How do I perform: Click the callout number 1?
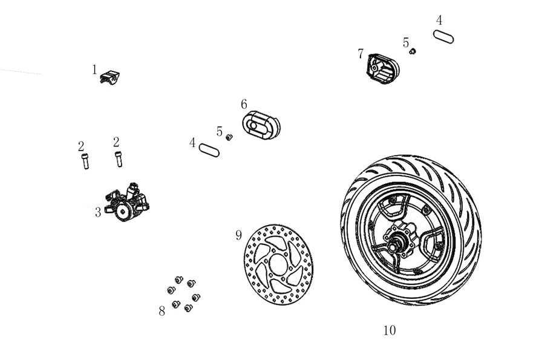(94, 70)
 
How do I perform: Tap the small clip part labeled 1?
(109, 77)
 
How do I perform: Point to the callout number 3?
(98, 212)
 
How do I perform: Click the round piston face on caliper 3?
(123, 211)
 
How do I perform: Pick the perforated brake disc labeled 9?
(278, 264)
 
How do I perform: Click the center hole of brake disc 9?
(278, 264)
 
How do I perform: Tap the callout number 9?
(238, 235)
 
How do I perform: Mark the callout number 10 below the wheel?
(390, 330)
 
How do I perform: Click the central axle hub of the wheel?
(400, 238)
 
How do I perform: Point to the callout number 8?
(162, 311)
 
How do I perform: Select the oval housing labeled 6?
(261, 125)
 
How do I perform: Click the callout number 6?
(244, 104)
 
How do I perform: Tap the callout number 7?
(361, 54)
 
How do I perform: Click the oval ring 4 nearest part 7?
(443, 37)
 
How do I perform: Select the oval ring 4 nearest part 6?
(209, 150)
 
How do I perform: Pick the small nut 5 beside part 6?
(229, 137)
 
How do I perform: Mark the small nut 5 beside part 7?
(413, 51)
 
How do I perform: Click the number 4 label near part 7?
(439, 21)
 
